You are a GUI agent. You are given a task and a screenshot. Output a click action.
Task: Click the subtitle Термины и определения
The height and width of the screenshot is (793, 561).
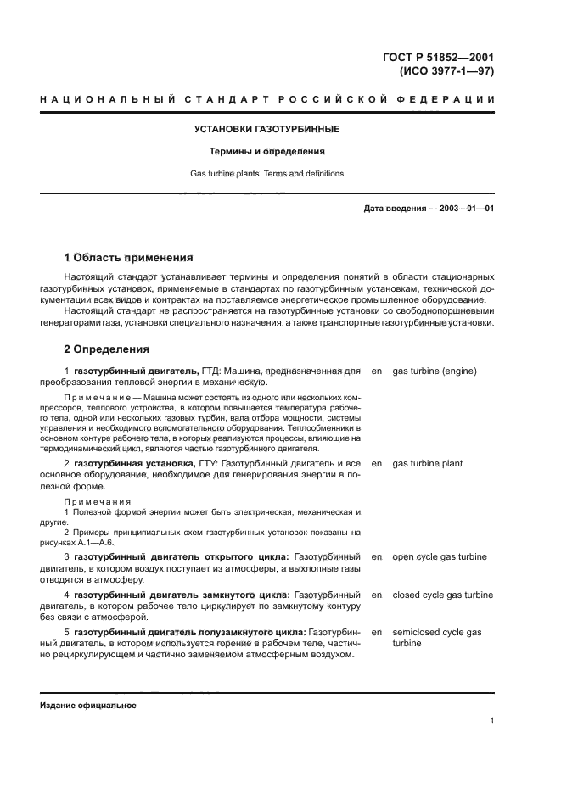[x=267, y=152]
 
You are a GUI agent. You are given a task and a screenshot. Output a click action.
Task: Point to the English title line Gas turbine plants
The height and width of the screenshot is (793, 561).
[x=267, y=173]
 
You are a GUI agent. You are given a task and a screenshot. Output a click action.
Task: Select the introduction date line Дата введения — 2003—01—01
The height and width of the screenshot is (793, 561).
[x=429, y=208]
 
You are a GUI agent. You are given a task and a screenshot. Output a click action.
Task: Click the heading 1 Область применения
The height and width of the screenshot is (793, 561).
[x=129, y=258]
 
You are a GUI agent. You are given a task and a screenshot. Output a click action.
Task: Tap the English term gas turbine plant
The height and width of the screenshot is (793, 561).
[x=428, y=464]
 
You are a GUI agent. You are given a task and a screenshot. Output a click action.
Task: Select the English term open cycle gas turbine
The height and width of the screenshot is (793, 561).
[x=440, y=556]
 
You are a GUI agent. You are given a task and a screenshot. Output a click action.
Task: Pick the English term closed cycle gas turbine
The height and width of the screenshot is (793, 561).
[x=442, y=595]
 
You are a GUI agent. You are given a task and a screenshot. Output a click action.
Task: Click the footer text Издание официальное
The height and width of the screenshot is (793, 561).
[x=87, y=706]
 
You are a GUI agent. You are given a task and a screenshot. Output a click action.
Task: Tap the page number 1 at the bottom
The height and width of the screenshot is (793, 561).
[x=491, y=721]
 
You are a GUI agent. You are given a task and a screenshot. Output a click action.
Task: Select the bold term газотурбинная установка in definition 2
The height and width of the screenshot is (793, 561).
[x=123, y=464]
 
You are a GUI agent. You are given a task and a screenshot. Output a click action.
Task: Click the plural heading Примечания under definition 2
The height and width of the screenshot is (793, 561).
[x=98, y=501]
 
